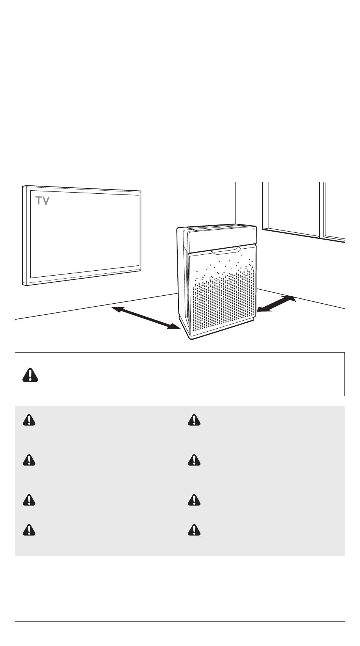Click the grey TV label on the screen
click(x=42, y=201)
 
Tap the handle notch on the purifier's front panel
click(x=226, y=250)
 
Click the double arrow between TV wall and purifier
click(x=146, y=318)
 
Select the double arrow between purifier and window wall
click(x=276, y=304)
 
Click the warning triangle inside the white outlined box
click(x=30, y=375)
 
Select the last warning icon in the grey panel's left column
click(x=29, y=530)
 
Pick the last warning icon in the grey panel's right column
click(x=194, y=530)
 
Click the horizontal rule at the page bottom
click(x=180, y=622)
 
